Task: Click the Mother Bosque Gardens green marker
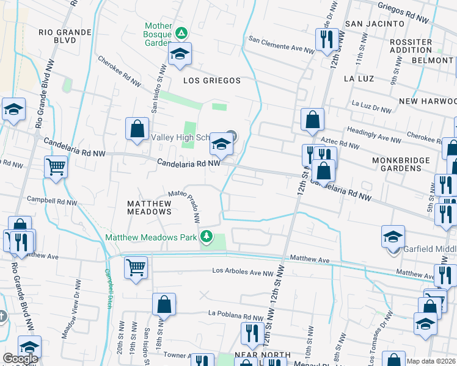181,32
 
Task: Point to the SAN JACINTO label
375,23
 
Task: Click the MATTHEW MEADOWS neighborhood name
149,207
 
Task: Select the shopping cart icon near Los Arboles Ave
135,267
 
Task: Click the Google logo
20,359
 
